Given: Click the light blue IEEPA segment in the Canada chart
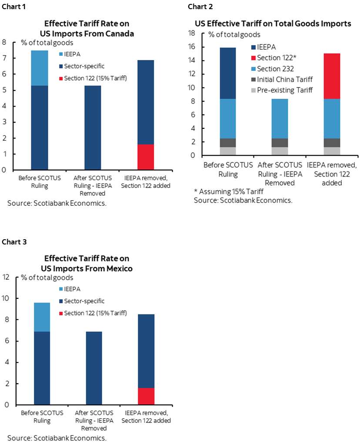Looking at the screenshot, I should pyautogui.click(x=40, y=68).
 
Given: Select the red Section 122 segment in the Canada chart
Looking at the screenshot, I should pyautogui.click(x=146, y=157).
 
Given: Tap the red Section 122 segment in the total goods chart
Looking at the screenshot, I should pyautogui.click(x=332, y=76).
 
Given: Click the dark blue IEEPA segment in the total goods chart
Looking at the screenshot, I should pyautogui.click(x=227, y=73).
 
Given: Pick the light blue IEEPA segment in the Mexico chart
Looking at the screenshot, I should pyautogui.click(x=42, y=317).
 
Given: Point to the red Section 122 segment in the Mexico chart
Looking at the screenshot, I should pyautogui.click(x=146, y=396).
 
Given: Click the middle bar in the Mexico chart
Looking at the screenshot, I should pyautogui.click(x=94, y=368).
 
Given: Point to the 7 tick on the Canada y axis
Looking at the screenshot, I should pyautogui.click(x=4, y=58).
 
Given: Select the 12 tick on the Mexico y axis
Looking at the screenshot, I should pyautogui.click(x=6, y=277).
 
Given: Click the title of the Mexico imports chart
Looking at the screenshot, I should pyautogui.click(x=87, y=263).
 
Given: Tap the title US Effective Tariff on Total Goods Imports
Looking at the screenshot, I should pyautogui.click(x=273, y=24).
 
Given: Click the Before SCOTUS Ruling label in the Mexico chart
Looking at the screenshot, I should pyautogui.click(x=42, y=417).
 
